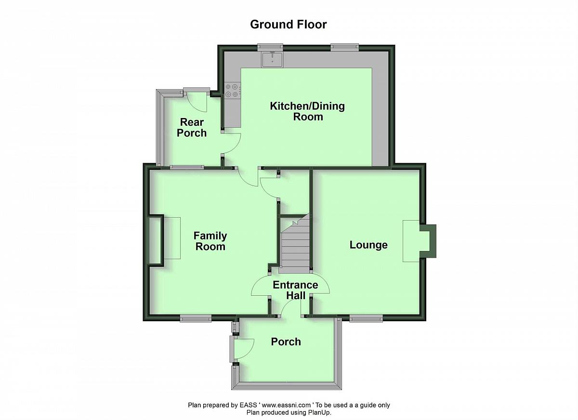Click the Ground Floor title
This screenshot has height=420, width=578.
tap(288, 25)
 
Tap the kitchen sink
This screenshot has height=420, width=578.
tap(273, 59)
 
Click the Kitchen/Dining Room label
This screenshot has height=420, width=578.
tap(307, 111)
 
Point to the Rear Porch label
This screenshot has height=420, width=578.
tap(192, 128)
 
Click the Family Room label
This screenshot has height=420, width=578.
tap(210, 241)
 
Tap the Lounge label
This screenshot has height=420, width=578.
tap(368, 245)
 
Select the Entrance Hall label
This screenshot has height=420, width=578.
tap(295, 290)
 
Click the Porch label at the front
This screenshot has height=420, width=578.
tap(286, 342)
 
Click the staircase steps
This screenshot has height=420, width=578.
tap(294, 247)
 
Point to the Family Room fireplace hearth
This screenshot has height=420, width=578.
tap(172, 238)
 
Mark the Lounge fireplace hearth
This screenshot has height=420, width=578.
tap(411, 241)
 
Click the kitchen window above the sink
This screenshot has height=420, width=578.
tap(270, 47)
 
